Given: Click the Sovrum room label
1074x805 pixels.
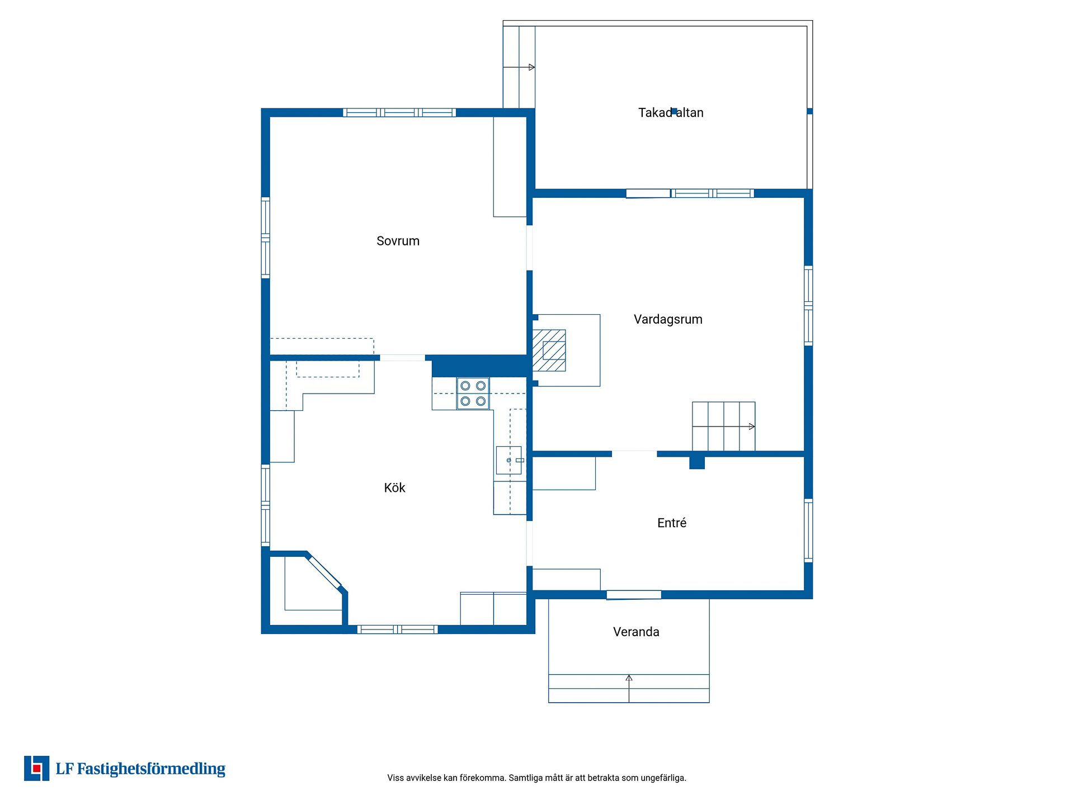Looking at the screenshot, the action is pyautogui.click(x=398, y=241).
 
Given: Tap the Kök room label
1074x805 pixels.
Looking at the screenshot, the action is pyautogui.click(x=394, y=487).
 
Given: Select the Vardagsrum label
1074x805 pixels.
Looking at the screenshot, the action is pyautogui.click(x=668, y=319).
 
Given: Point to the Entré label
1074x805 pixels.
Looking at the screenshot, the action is pyautogui.click(x=672, y=523).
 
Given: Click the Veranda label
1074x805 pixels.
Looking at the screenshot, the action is pyautogui.click(x=636, y=632).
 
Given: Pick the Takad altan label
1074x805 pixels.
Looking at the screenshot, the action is pyautogui.click(x=671, y=112).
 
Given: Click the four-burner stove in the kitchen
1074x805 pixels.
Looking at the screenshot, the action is pyautogui.click(x=473, y=394).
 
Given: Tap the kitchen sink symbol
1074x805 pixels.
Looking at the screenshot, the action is pyautogui.click(x=509, y=460).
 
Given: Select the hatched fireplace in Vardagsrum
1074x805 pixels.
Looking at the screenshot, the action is pyautogui.click(x=549, y=351).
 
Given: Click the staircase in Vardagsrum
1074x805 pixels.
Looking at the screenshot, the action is pyautogui.click(x=723, y=426).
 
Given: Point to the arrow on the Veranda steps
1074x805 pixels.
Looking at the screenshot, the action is pyautogui.click(x=629, y=688).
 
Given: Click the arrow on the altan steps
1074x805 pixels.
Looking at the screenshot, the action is pyautogui.click(x=519, y=67).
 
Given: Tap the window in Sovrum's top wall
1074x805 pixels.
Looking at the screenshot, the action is pyautogui.click(x=399, y=112).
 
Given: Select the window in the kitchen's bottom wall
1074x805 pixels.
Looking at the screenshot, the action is pyautogui.click(x=397, y=629).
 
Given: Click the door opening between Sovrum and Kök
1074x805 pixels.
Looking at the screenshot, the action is pyautogui.click(x=402, y=358).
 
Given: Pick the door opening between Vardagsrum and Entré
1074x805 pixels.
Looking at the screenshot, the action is pyautogui.click(x=634, y=454).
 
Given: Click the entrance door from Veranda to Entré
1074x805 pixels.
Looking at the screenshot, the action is pyautogui.click(x=634, y=595).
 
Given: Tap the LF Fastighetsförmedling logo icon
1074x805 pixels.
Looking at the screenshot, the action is pyautogui.click(x=36, y=768).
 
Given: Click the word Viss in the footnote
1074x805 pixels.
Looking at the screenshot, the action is pyautogui.click(x=395, y=778).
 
